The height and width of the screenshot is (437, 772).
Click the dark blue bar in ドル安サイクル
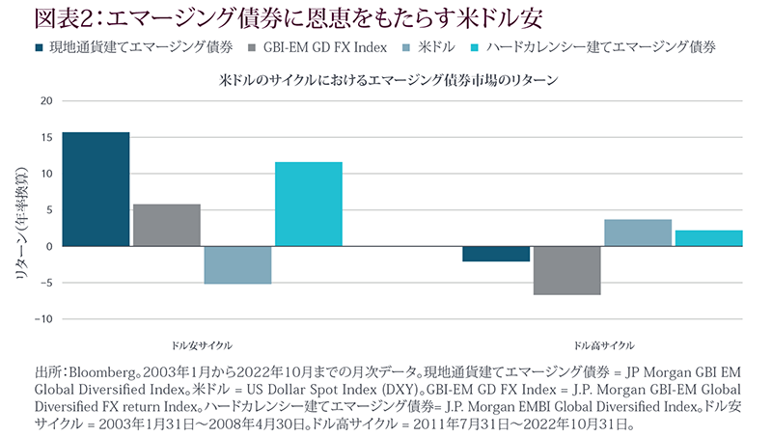point(96,189)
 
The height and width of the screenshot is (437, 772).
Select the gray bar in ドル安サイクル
point(167,225)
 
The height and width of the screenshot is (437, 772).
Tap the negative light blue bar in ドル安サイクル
point(237,265)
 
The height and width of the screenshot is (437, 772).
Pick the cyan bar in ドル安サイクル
point(309,204)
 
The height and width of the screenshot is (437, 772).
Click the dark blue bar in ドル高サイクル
point(496,254)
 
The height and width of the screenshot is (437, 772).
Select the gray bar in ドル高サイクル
point(567,270)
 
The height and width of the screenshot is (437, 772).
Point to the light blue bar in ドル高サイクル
point(638,232)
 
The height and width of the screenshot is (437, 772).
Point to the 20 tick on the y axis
point(43,101)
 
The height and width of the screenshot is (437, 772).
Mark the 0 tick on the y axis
point(47,247)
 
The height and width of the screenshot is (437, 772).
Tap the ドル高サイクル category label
point(604,345)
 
